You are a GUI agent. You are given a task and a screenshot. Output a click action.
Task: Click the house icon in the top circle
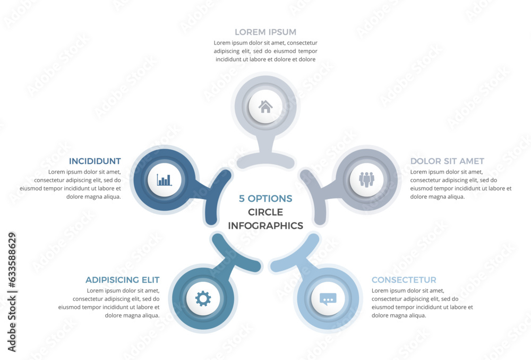coord(265,106)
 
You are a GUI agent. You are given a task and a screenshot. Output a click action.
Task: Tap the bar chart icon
coord(165,179)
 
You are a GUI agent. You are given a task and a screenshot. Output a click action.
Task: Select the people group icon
coord(366,179)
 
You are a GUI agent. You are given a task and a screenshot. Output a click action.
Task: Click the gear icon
coord(203,299)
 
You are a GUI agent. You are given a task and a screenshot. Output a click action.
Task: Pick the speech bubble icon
coord(328,299)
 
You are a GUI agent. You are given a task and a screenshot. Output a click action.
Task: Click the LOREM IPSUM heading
coord(265,32)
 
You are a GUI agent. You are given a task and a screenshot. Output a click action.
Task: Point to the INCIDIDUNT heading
coord(95,161)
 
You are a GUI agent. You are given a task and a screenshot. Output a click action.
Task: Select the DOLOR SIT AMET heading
coord(447,161)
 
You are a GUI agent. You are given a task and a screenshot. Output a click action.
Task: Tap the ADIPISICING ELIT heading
coord(123,280)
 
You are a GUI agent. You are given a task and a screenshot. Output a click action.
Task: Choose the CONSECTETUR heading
coord(404,280)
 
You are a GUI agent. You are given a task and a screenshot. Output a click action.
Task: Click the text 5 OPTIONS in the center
coord(265,199)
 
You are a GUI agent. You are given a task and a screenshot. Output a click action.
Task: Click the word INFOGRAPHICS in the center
coord(265,226)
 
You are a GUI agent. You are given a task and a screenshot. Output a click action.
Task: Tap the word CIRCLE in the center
coord(265,212)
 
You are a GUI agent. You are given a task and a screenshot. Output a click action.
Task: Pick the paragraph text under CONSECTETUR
coord(422,303)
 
